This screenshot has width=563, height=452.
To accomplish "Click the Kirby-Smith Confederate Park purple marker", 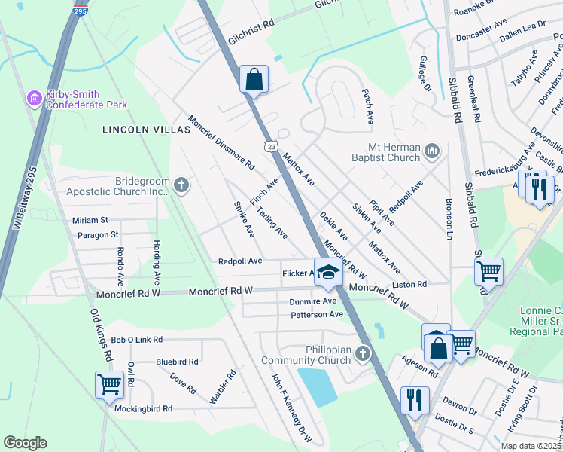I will click(33, 99).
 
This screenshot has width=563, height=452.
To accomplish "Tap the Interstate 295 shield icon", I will click(81, 11).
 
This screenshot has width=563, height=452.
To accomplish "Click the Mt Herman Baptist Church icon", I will click(432, 152).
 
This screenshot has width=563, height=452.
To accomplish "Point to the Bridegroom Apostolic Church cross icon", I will click(181, 185).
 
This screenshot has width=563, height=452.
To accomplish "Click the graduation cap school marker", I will click(327, 272).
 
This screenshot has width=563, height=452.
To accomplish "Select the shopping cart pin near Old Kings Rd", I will click(109, 385).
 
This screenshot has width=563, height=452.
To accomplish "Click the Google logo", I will click(25, 443).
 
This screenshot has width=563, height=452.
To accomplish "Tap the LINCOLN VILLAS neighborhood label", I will click(147, 130).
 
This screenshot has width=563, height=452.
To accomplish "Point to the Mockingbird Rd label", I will click(143, 408).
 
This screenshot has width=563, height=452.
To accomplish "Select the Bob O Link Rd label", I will click(136, 341).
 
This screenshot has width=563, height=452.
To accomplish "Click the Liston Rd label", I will click(410, 285).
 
